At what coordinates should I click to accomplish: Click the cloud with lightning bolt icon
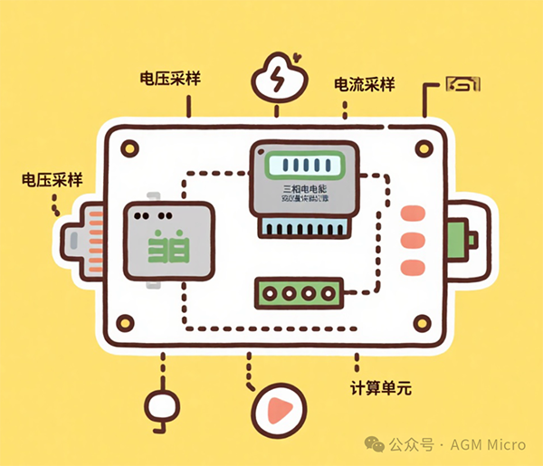point(276,80)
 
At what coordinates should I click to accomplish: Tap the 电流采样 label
point(365,85)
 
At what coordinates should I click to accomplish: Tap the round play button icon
point(275,410)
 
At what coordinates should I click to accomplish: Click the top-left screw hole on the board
point(129,147)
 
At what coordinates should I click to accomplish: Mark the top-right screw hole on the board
point(421,147)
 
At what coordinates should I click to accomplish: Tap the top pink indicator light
point(412,214)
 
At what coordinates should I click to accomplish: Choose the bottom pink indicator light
point(412,268)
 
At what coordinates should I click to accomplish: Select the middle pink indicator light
point(412,242)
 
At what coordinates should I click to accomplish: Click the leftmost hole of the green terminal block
point(268,293)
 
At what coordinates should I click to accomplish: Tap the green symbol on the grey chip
point(167,245)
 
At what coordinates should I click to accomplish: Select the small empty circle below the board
point(162,404)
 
